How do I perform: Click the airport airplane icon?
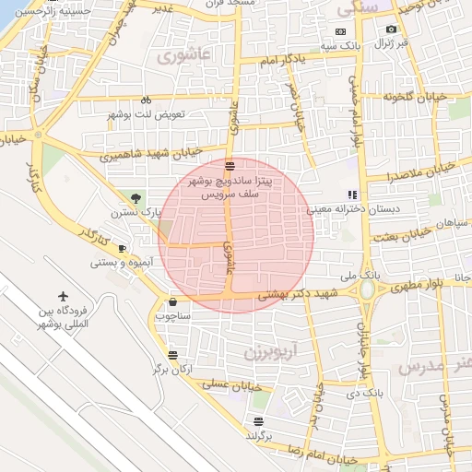click(x=63, y=297)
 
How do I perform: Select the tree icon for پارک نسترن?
click(x=136, y=197)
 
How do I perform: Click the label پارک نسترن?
click(x=144, y=212)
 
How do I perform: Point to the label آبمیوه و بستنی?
click(x=115, y=263)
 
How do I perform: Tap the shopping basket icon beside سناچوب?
click(x=172, y=301)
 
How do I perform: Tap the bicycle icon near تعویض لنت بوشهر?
click(x=145, y=100)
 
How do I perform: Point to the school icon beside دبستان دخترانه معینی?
click(x=351, y=195)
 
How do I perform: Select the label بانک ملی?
click(x=360, y=275)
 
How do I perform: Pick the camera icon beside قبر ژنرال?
click(x=391, y=29)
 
